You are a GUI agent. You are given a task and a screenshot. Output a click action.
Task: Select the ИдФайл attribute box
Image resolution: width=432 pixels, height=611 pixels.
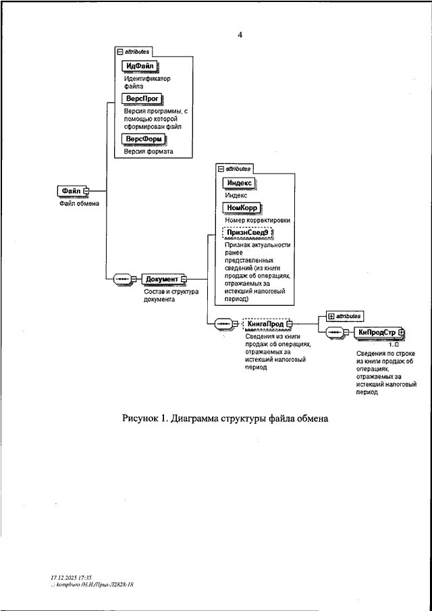tap(140, 66)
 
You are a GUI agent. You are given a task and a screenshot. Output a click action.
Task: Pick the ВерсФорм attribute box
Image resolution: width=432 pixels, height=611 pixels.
tap(144, 139)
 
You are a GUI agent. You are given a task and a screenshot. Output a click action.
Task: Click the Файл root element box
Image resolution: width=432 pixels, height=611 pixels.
tap(70, 191)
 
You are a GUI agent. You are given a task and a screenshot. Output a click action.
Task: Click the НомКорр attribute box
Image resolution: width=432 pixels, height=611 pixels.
tap(242, 207)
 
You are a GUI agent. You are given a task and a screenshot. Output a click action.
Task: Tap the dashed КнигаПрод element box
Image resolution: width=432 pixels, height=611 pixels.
tap(265, 323)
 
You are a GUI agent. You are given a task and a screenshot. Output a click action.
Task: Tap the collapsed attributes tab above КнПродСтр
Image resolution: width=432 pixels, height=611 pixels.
tap(344, 315)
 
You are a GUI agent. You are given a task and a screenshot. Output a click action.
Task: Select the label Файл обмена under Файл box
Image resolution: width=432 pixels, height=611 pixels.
tap(78, 204)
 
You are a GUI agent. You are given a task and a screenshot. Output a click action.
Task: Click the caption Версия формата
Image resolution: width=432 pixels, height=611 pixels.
tap(148, 153)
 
